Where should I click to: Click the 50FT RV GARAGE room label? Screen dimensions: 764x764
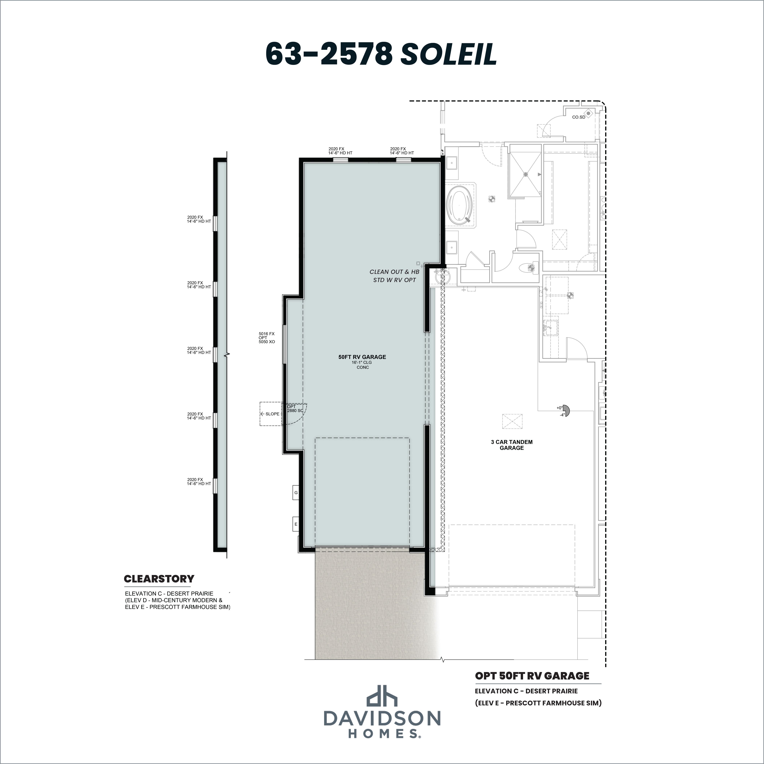coord(362,357)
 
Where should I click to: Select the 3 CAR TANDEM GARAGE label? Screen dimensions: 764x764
coord(512,445)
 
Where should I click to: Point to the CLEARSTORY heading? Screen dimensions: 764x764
coord(159,579)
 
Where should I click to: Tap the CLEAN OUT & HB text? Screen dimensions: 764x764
coord(394,272)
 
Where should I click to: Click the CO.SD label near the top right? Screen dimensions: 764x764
coord(578,117)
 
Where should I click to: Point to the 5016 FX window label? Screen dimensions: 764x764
coord(267,334)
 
